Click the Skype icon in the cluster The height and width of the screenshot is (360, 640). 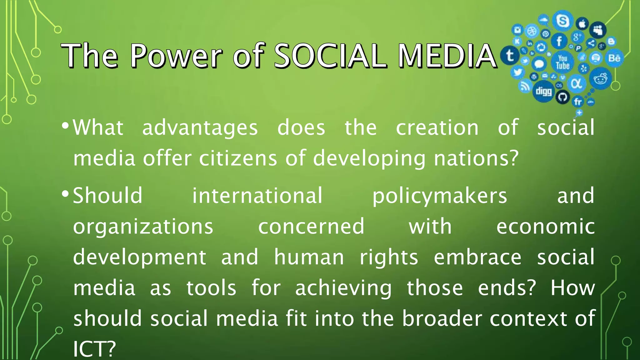pos(562,21)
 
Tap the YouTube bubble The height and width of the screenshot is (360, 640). pos(562,62)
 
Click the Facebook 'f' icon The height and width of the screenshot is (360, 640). pos(559,41)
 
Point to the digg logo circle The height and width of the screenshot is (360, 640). pos(544,91)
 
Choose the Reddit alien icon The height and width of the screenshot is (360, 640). pos(600,79)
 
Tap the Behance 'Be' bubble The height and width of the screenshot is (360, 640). pos(614,58)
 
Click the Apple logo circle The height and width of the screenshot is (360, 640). pos(582,24)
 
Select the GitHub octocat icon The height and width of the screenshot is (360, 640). pos(562,97)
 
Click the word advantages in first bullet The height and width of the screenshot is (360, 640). pos(200,128)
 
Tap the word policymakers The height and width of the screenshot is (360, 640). pos(439,196)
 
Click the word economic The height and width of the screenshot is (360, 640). pos(545,227)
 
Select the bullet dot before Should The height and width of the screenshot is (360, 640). pos(65,194)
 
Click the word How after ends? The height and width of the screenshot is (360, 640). pos(572,288)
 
